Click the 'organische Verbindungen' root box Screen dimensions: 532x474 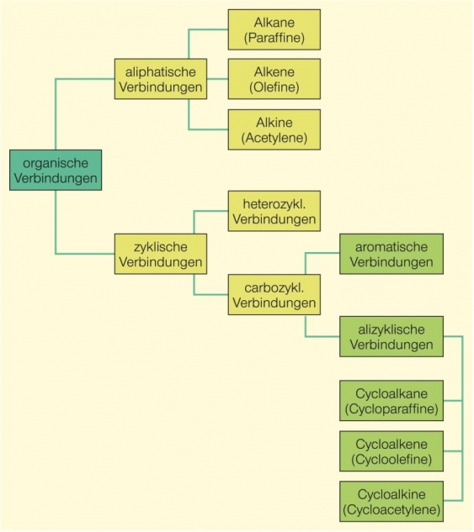[x=56, y=170]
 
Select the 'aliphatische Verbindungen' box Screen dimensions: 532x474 [x=159, y=79]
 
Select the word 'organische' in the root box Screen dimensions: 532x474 [x=56, y=161]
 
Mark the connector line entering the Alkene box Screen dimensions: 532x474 [x=217, y=79]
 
